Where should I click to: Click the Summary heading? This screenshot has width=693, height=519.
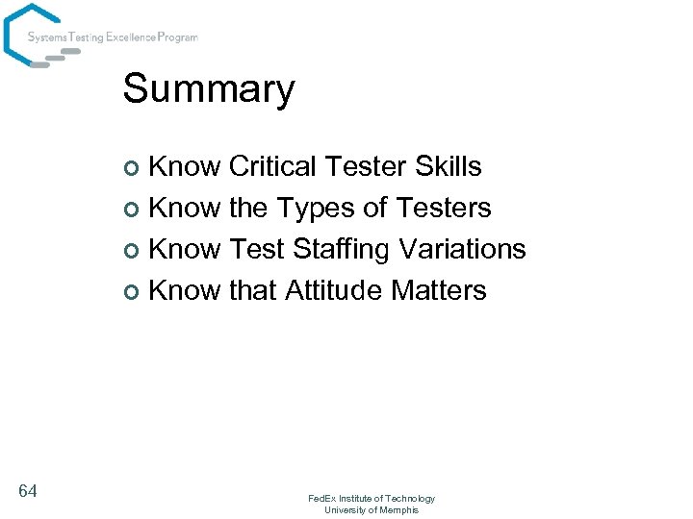coord(209,89)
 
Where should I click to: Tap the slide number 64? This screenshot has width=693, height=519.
coord(28,492)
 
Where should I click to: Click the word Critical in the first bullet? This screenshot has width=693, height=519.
coord(272,166)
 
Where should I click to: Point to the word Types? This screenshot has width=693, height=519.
coord(312,208)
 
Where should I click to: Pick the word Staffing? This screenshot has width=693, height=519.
coord(342,250)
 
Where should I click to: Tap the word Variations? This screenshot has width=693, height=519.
coord(462,249)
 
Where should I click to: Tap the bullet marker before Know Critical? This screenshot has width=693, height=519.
coord(135,169)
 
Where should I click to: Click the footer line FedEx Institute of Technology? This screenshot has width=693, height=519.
coord(372,499)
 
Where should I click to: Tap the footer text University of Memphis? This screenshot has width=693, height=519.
coord(372,510)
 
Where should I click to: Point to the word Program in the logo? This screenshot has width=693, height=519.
coord(176,37)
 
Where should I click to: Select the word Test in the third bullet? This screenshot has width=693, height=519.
coord(257,249)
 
